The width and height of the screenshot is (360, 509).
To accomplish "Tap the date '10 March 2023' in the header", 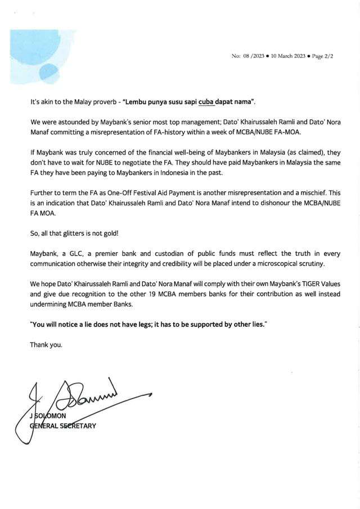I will tap(289, 57).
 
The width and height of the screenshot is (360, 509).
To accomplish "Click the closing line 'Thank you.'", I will tap(46, 345).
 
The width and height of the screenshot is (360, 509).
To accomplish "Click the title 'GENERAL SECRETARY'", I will tap(64, 426).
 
